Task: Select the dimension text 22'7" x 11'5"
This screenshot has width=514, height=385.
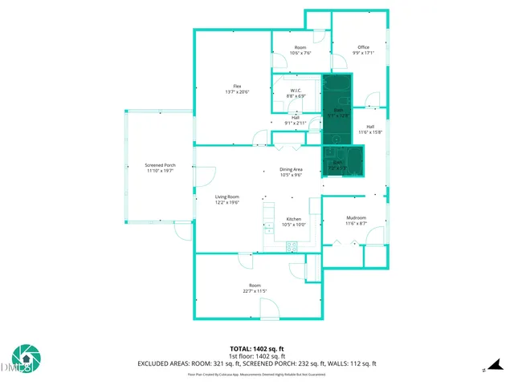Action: tap(255, 291)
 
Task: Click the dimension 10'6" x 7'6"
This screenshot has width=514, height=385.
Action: tap(300, 54)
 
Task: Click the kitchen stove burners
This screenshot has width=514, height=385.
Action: tap(292, 248)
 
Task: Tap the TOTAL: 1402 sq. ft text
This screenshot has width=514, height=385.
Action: tap(257, 348)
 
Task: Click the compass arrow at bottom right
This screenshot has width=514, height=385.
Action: tap(484, 370)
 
